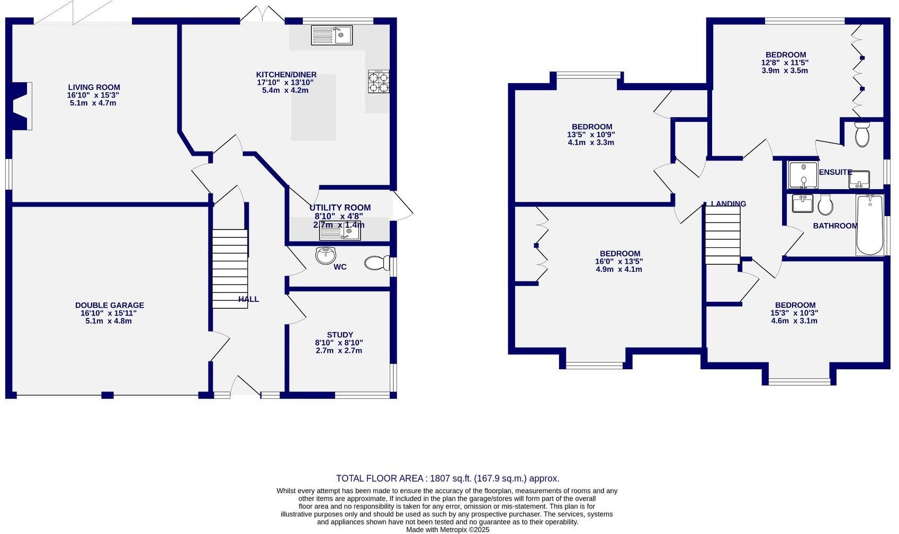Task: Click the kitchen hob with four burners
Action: pyautogui.click(x=379, y=82)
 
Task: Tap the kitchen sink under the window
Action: pyautogui.click(x=331, y=35)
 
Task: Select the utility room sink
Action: pyautogui.click(x=340, y=232)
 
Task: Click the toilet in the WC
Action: pyautogui.click(x=376, y=263)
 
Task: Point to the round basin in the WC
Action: pyautogui.click(x=326, y=255)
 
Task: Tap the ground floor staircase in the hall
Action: pyautogui.click(x=230, y=269)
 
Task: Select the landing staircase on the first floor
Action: pyautogui.click(x=722, y=235)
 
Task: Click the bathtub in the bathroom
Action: pyautogui.click(x=869, y=225)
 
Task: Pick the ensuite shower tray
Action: pyautogui.click(x=803, y=175)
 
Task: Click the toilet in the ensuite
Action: pyautogui.click(x=862, y=135)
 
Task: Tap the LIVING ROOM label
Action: pyautogui.click(x=94, y=87)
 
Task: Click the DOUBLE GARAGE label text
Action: pyautogui.click(x=109, y=305)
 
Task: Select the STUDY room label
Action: pyautogui.click(x=339, y=335)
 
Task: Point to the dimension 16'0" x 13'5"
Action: pyautogui.click(x=619, y=261)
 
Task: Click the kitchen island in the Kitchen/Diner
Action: pyautogui.click(x=313, y=108)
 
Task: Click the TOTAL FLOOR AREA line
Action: pyautogui.click(x=447, y=478)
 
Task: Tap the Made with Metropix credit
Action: pyautogui.click(x=447, y=529)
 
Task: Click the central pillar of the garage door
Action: pyautogui.click(x=107, y=395)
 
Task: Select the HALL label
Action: pyautogui.click(x=248, y=299)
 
